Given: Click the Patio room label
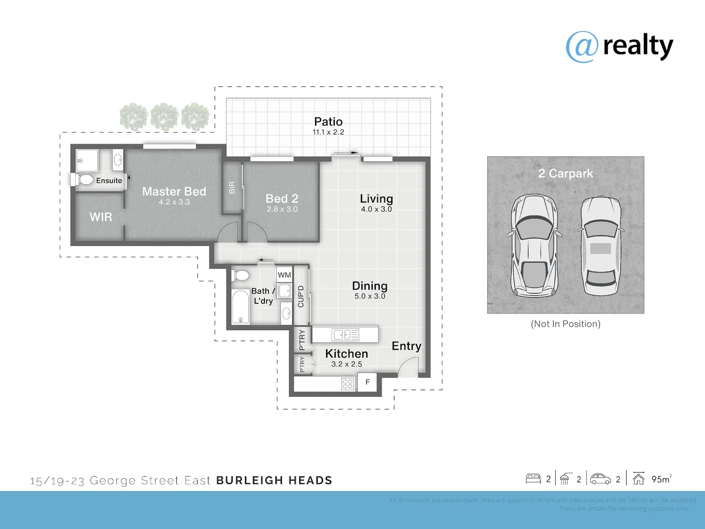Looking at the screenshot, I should pos(328,121).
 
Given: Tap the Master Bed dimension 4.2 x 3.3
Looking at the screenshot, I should pos(174,202).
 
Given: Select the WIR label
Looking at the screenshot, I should pos(100,217).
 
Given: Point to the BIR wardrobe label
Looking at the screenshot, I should pos(232,188).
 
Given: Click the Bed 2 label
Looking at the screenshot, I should pos(282,198).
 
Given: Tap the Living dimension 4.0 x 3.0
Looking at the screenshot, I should pos(376,209).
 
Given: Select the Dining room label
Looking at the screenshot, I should pos(370,286).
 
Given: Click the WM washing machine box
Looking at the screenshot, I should pos(284,275).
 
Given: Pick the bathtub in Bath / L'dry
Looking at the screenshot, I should pos(240,307).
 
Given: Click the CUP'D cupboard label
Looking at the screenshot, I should pos(301,296).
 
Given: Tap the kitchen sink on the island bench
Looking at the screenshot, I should pos(345,335).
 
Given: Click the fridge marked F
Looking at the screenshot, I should pos(367,382).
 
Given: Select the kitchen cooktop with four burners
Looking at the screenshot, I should pos(348,384).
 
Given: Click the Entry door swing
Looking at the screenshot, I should pos(409,367).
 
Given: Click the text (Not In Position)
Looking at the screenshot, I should pos(565,324).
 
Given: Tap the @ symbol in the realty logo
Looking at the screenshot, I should pos(582,47).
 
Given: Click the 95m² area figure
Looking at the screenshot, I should pos(661,479).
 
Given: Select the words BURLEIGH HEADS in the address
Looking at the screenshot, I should pos(274,481).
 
